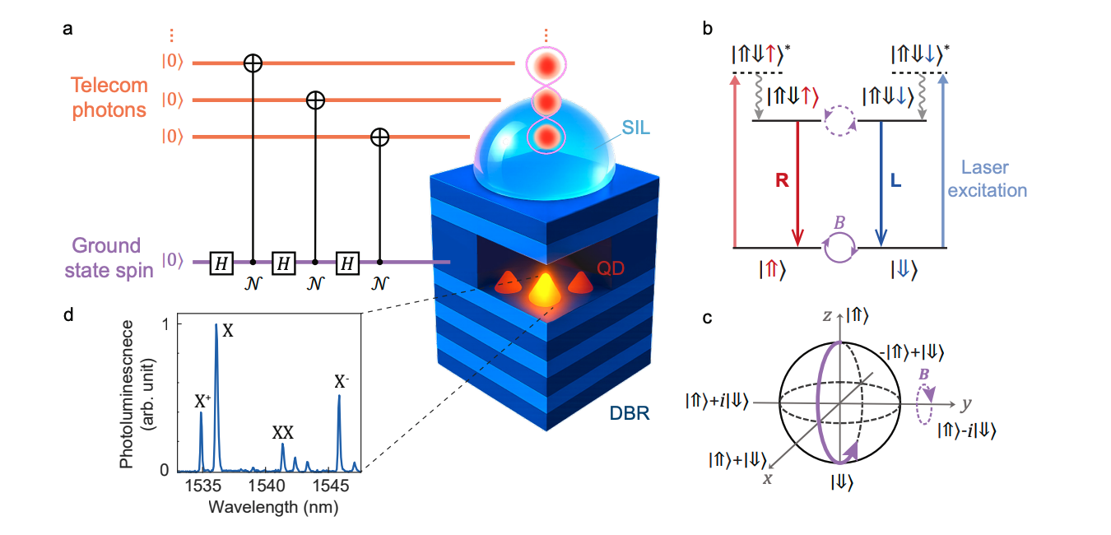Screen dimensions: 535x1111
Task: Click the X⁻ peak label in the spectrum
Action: [x=342, y=382]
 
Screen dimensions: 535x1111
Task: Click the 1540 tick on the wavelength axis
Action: [x=266, y=486]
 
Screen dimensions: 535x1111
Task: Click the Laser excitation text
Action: [x=994, y=179]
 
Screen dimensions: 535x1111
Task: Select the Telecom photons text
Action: [x=109, y=96]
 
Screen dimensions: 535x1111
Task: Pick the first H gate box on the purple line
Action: [x=220, y=263]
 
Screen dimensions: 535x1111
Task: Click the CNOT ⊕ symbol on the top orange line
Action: [x=253, y=63]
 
